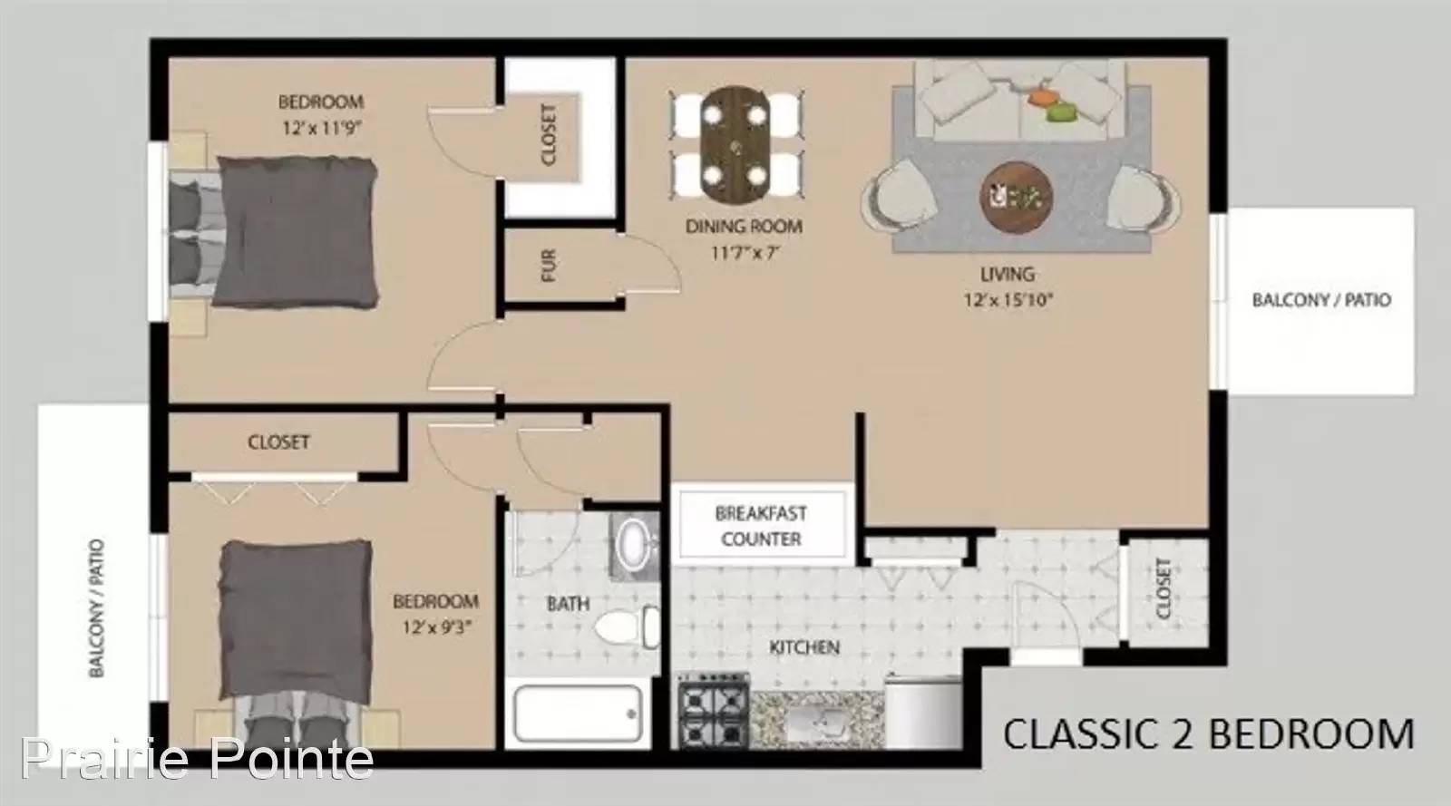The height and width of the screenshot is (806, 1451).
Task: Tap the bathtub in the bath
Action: coord(578,714)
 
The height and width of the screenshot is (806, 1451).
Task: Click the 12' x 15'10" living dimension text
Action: coord(1008,300)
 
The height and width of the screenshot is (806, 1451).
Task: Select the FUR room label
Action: coord(548,266)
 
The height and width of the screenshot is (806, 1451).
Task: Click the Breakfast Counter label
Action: coord(761,527)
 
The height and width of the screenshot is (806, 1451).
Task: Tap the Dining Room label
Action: coord(744,227)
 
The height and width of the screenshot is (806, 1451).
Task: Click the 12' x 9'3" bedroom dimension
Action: coord(436,627)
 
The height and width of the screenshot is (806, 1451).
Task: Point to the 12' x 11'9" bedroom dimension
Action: coord(321,128)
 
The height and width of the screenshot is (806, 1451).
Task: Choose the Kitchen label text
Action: coord(804,647)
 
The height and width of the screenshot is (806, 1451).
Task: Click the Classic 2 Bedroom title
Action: coord(1209,734)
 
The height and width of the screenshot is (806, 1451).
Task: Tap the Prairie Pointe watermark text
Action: coord(197,759)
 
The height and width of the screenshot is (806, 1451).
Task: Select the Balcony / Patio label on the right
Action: coord(1321,300)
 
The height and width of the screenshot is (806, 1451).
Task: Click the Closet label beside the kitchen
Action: coord(1164,588)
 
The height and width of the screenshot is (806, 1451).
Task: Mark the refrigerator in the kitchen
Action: coord(923,712)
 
